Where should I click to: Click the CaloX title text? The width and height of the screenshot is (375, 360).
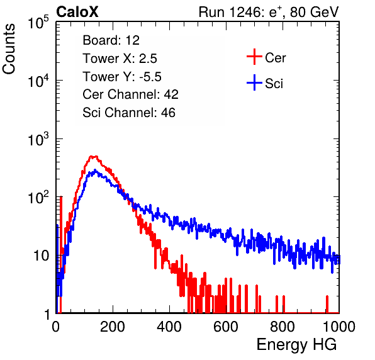pos(77,12)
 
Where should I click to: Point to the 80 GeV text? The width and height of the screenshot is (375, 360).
pos(315,12)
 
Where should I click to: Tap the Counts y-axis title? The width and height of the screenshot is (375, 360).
pos(9,49)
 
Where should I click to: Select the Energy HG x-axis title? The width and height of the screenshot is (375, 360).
pos(297,345)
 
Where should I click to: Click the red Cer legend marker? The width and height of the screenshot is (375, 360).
pos(254,57)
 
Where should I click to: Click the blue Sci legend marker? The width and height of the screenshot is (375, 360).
pos(254,83)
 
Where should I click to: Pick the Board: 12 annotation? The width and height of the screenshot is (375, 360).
pos(111,40)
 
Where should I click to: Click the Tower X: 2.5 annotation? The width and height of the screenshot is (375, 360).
pos(120,59)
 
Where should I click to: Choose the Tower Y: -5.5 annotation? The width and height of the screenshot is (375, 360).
pos(122,77)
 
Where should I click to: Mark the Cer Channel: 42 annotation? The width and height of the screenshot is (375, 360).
pos(130,94)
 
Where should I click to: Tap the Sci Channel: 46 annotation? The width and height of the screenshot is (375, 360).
pos(129,113)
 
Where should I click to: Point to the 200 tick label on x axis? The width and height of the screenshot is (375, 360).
pos(113,327)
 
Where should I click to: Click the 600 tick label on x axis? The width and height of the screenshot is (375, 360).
pos(226,327)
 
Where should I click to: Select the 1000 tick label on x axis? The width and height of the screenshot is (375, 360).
pos(339,327)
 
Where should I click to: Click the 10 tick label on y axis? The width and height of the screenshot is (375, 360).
pos(41,256)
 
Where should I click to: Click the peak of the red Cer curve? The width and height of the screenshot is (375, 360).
pos(93,157)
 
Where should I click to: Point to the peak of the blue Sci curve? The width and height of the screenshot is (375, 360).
pos(95,171)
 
